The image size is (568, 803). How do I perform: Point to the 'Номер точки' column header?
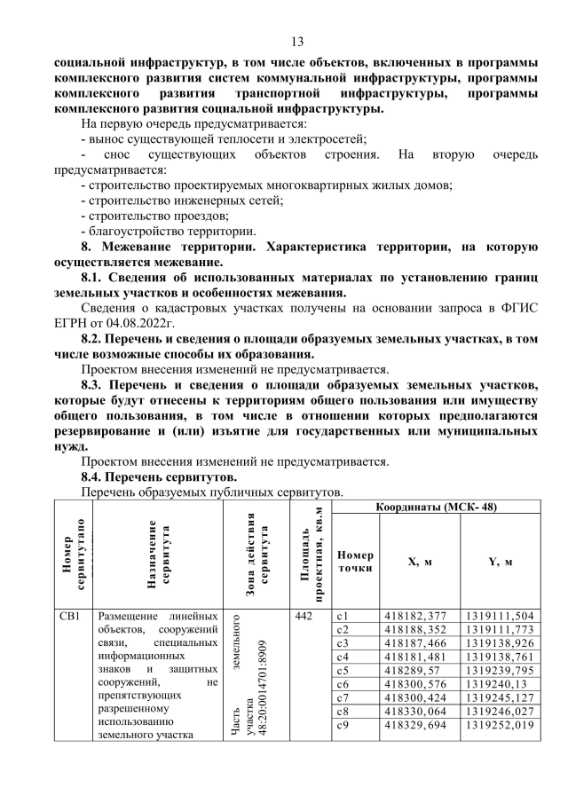point(354,561)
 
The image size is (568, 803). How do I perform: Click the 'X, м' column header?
point(419,561)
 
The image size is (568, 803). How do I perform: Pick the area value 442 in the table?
point(303,616)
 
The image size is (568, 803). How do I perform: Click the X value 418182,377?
point(414,616)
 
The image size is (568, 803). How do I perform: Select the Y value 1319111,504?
point(499,616)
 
